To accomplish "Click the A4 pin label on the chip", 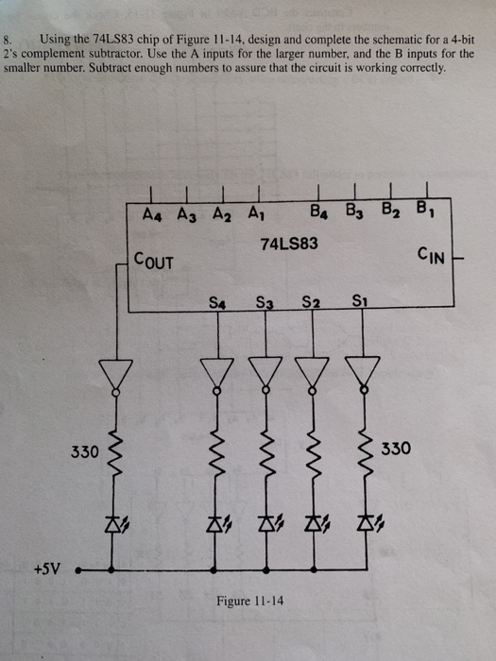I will (150, 213).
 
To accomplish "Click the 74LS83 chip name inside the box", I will (289, 244).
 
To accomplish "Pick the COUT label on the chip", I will (154, 260).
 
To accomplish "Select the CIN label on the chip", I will (431, 254).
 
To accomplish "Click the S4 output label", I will (217, 303).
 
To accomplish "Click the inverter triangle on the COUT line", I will (116, 375).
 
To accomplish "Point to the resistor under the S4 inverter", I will (218, 454).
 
